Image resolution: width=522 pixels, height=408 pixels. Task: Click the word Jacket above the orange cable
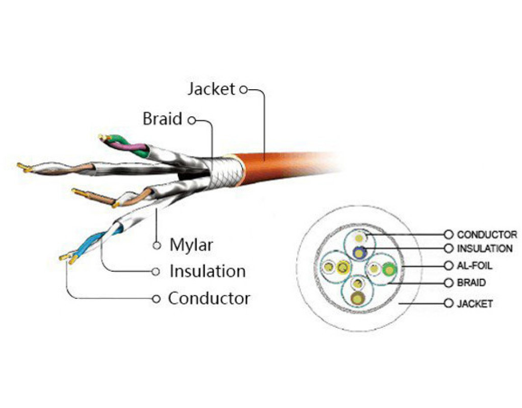click(x=211, y=89)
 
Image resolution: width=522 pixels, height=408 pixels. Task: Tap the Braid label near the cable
click(x=162, y=119)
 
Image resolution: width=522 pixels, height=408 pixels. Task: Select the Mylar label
click(x=191, y=245)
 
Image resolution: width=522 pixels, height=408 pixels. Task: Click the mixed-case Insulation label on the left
click(x=207, y=271)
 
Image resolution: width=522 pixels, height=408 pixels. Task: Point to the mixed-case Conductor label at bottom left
click(x=209, y=298)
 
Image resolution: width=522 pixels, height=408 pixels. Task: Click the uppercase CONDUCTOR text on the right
click(x=487, y=235)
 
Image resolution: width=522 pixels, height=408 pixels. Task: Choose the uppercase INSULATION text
click(x=485, y=249)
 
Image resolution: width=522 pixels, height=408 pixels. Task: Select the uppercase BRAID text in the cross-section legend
click(x=472, y=283)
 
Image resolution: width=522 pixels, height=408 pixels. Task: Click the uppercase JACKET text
click(x=475, y=304)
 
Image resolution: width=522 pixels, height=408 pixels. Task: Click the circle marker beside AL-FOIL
click(x=449, y=266)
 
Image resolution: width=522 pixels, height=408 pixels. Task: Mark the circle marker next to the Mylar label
click(x=158, y=245)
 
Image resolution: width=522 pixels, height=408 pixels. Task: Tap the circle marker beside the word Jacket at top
click(x=243, y=90)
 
